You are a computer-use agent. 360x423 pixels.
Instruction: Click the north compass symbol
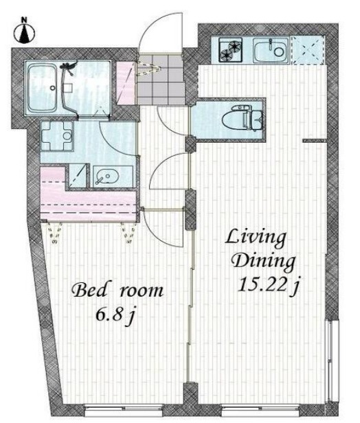pos(24,32)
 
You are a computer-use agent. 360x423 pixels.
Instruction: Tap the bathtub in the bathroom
pos(43,88)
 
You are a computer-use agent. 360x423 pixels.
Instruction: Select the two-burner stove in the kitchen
pos(231,49)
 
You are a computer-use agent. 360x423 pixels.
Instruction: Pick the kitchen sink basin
pos(271,50)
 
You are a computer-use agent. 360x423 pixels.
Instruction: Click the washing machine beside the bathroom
pos(58,136)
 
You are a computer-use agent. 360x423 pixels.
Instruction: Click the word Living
pos(256,238)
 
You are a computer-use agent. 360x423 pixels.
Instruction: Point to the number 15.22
pos(262,285)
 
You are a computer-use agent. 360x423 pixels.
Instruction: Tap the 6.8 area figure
pos(110,315)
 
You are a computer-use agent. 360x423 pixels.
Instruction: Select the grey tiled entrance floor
pos(160,79)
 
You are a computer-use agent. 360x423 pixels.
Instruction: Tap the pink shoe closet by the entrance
pos(126,83)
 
